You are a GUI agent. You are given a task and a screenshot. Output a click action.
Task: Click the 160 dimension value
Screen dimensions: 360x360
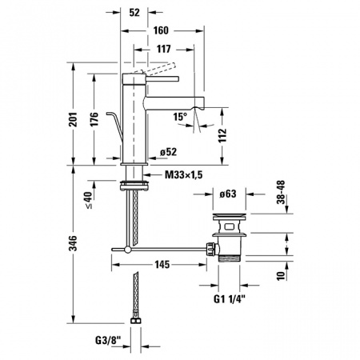coord(161,30)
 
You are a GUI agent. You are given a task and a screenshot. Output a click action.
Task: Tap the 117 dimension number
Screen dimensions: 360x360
coord(163,49)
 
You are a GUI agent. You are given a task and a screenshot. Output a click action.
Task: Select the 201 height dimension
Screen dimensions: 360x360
coord(73,119)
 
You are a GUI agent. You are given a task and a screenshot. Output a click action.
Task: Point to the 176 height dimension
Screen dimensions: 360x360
coord(94,119)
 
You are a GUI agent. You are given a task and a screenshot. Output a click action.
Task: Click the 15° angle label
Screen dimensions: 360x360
coord(180,117)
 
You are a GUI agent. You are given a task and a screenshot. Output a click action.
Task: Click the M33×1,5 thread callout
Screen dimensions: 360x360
coord(184,175)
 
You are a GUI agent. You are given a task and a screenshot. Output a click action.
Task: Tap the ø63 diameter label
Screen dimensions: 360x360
coord(228,194)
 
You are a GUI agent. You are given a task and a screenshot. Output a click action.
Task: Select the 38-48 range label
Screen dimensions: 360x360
coord(281,192)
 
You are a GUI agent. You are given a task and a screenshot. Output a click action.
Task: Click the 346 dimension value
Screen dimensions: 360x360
coord(73,243)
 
